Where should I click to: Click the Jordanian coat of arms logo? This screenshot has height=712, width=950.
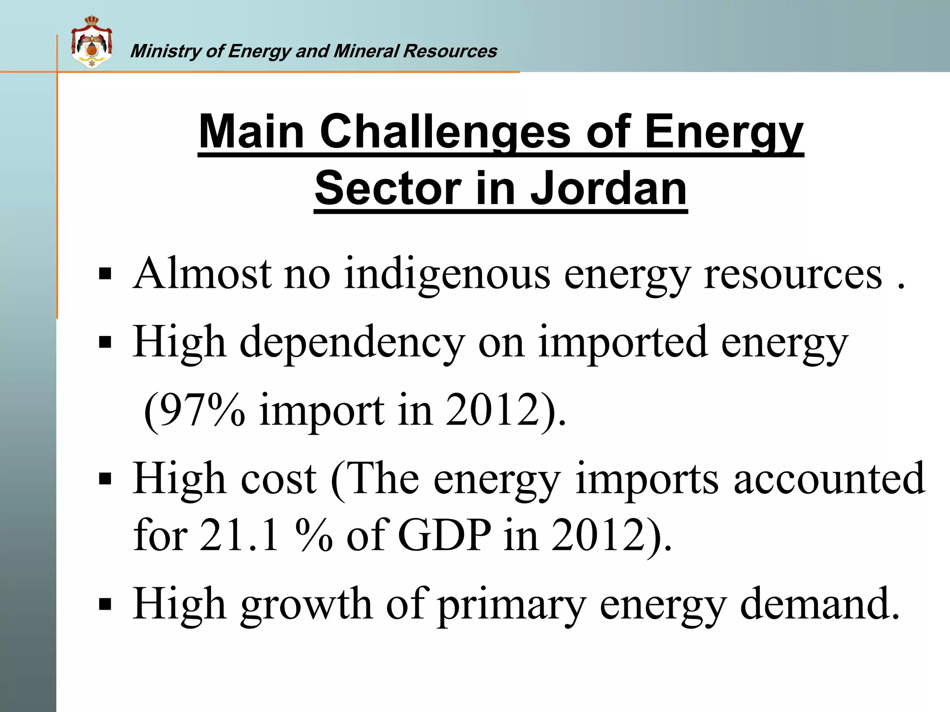tap(91, 42)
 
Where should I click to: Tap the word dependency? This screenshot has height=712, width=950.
tap(352, 343)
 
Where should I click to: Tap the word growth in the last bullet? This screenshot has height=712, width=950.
tap(306, 604)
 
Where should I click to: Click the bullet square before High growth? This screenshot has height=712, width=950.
tap(105, 604)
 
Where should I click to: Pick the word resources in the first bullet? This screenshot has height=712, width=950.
tap(793, 274)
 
